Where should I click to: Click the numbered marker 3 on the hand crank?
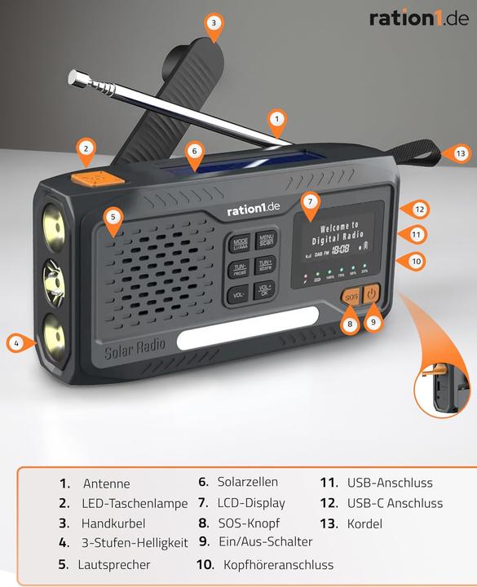tap(214, 23)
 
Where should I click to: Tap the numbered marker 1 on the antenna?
tap(277, 119)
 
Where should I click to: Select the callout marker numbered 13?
tap(462, 153)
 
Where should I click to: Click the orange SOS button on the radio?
tap(351, 298)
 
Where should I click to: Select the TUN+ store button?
tap(266, 267)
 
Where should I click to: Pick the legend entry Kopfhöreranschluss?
tap(279, 564)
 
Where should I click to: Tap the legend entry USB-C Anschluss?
tap(395, 503)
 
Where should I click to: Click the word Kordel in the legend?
tap(364, 523)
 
